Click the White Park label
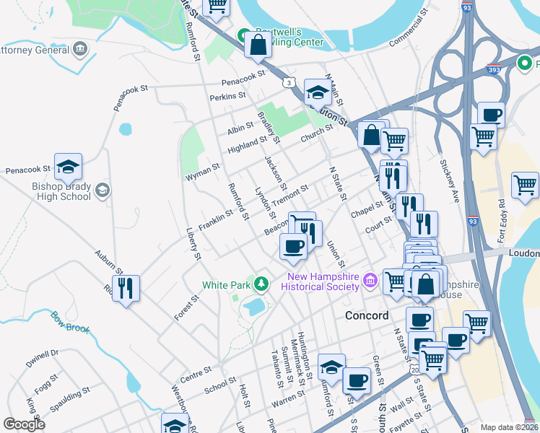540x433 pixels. pos(225,285)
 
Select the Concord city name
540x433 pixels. pos(367,315)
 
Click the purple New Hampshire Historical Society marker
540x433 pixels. pos(370,279)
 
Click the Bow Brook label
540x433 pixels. pos(69,323)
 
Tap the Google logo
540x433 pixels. pos(24,424)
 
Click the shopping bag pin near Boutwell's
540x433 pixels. pos(257,45)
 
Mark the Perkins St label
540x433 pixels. pos(227,95)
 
